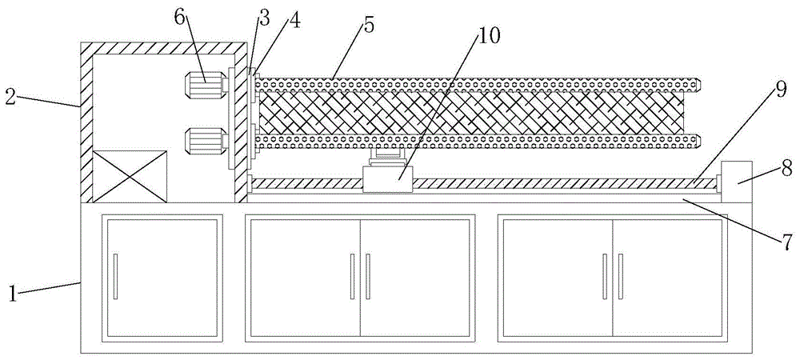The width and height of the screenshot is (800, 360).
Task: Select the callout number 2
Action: click(10, 97)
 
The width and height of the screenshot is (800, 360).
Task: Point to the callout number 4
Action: click(295, 22)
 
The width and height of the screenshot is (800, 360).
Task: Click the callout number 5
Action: click(368, 24)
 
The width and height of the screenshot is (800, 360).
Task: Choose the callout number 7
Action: click(787, 239)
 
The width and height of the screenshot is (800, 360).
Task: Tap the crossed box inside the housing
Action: click(130, 174)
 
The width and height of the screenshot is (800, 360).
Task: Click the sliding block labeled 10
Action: click(387, 179)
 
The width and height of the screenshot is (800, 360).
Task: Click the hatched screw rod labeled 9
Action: click(560, 183)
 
